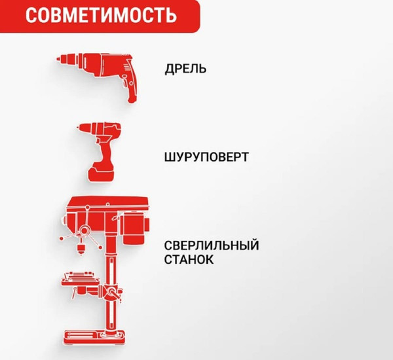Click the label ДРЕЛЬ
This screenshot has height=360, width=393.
pyautogui.click(x=186, y=68)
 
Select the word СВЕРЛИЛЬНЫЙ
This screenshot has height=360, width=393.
pyautogui.click(x=212, y=245)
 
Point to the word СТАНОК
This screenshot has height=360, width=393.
pyautogui.click(x=189, y=259)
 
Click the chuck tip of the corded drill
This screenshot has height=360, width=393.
pyautogui.click(x=58, y=61)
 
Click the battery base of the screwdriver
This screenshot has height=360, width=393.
pyautogui.click(x=102, y=173)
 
